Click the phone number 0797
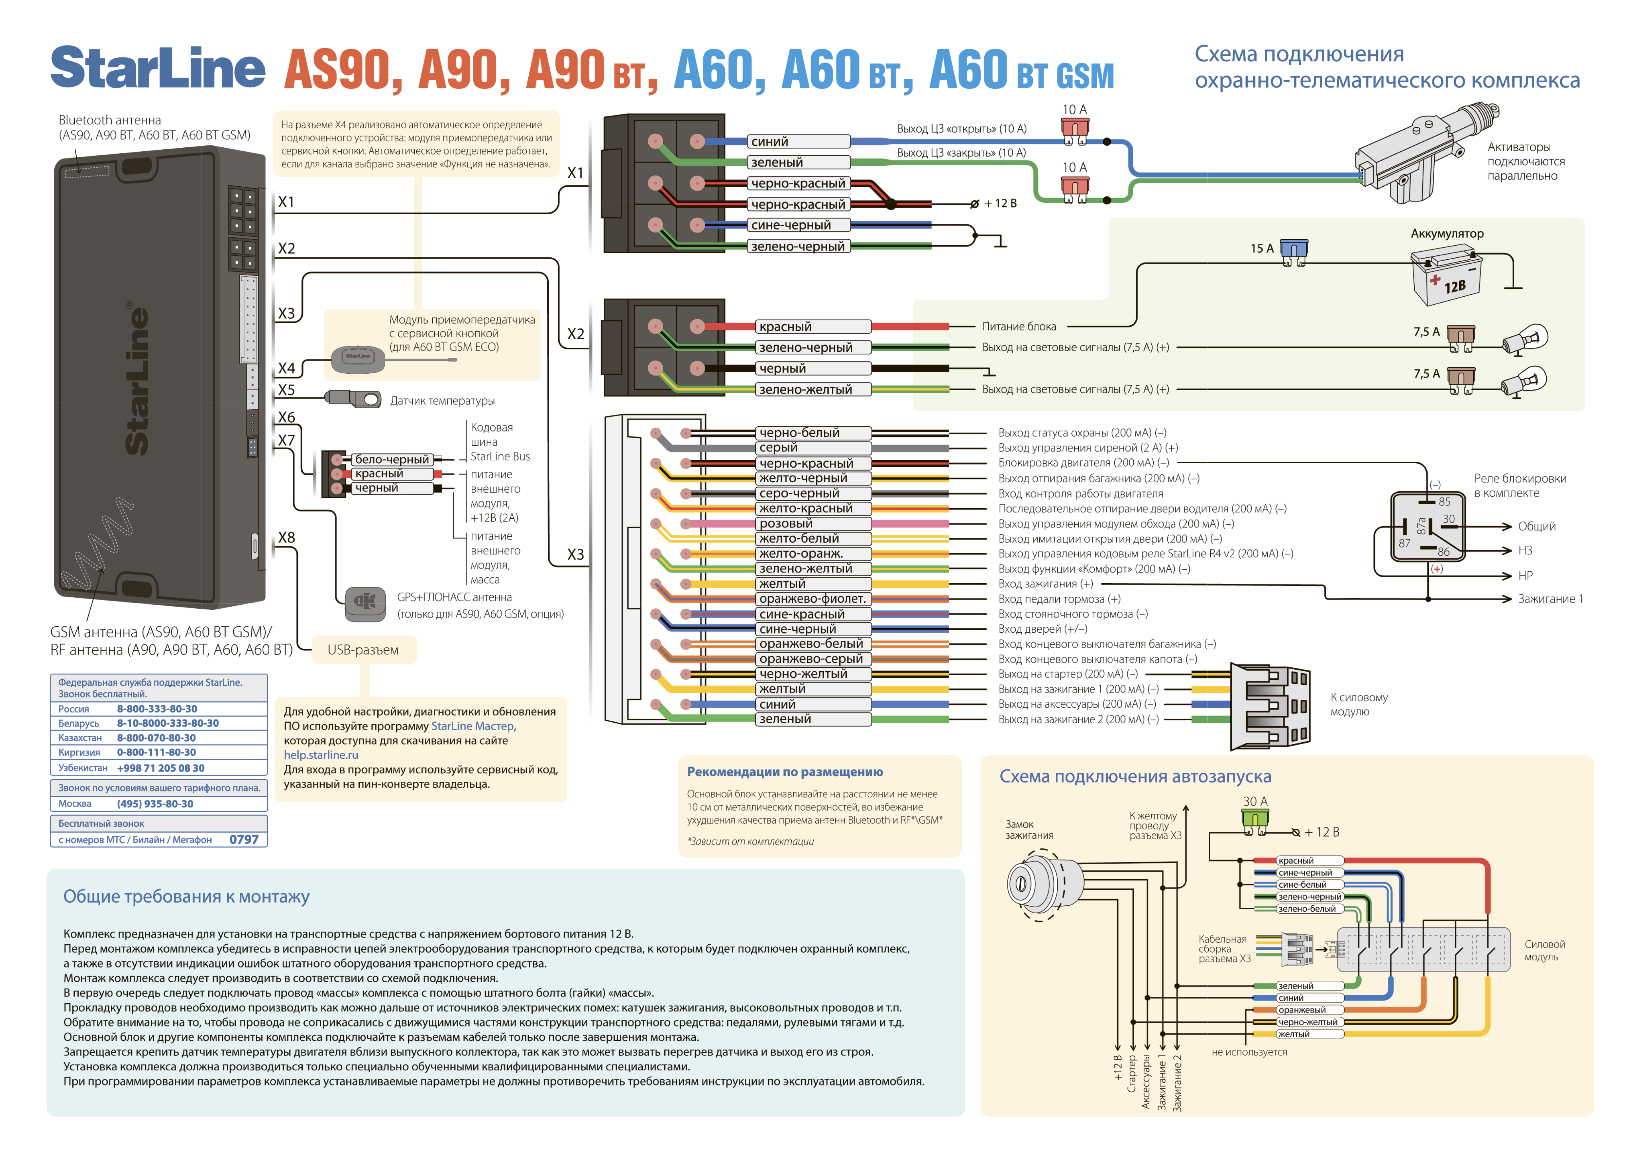244,840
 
